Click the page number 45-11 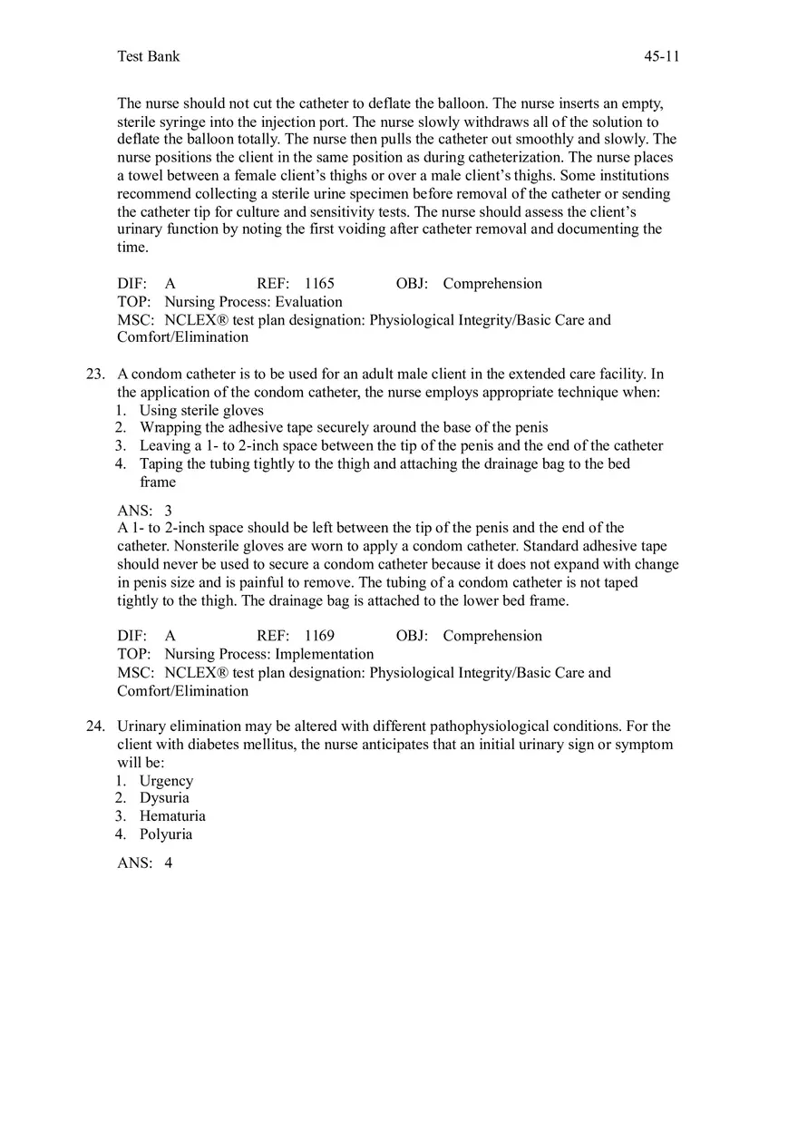(x=661, y=56)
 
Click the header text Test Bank (x=149, y=56)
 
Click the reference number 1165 (x=319, y=283)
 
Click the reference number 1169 (x=319, y=636)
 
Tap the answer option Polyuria (x=166, y=834)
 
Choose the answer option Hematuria (x=172, y=815)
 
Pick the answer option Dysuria (x=164, y=797)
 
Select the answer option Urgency (x=166, y=780)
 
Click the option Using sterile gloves (x=201, y=410)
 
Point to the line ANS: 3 (x=144, y=511)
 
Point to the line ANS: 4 (x=144, y=863)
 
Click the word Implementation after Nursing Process (x=324, y=654)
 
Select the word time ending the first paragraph (x=131, y=247)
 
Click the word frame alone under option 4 (x=158, y=482)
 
